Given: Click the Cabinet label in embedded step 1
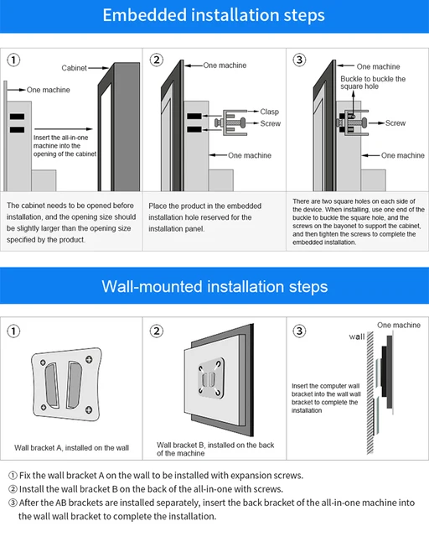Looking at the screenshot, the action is point(74,68).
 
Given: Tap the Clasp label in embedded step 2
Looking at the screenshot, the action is point(269,112).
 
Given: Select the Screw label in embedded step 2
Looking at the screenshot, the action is point(271,123).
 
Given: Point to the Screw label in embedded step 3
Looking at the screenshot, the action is point(395,123).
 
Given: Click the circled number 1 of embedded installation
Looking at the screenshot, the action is point(13,60).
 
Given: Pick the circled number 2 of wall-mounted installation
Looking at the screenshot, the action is point(157,331).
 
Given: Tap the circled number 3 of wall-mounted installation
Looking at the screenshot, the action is point(299,331).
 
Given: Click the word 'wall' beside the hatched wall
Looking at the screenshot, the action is point(356,336).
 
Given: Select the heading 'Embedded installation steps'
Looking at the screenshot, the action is point(214,15).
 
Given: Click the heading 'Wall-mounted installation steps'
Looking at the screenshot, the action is point(214,286).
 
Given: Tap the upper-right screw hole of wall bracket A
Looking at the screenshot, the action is point(89,359).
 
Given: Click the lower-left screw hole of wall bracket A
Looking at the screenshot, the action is point(44,407).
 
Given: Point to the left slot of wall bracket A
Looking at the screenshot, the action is point(52,385).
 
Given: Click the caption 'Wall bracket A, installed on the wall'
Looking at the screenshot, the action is point(71,447).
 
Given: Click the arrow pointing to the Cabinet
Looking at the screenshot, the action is point(99,68).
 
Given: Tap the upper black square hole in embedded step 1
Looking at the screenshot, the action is point(17,117).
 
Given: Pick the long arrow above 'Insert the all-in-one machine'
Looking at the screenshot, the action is point(64,129).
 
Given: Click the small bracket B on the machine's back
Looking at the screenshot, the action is point(211,378).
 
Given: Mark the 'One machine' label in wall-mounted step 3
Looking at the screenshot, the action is point(399,325).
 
